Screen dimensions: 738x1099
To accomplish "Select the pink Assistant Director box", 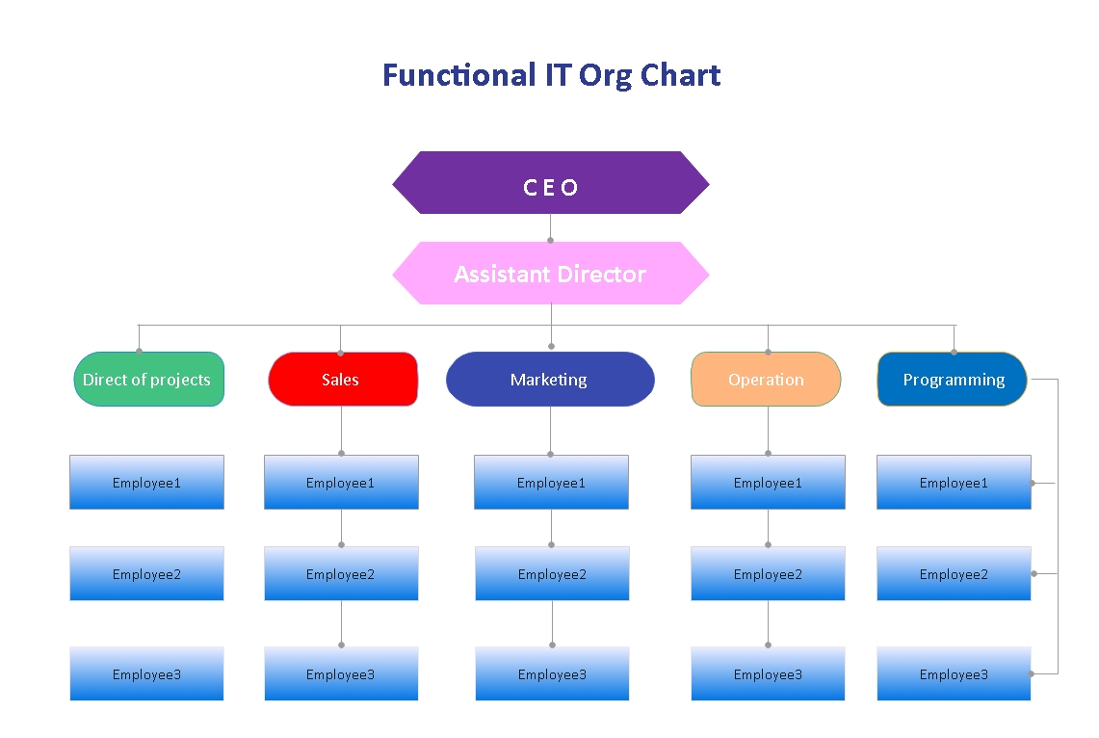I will [550, 274].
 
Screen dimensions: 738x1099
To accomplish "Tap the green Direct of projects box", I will [148, 380].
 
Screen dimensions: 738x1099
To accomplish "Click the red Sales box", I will [342, 380].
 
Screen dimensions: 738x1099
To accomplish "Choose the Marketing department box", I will [550, 380].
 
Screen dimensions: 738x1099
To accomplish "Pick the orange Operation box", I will [766, 380].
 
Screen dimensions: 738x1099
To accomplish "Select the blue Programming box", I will [952, 380].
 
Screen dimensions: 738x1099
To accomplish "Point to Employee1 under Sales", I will [341, 483].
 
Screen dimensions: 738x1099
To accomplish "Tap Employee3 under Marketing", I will [552, 674].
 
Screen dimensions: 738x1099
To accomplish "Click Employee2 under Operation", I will [768, 574].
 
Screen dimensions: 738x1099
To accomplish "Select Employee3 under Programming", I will [954, 674].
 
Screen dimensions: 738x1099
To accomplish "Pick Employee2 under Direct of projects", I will [146, 574].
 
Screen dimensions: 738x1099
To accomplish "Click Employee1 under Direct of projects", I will [146, 483].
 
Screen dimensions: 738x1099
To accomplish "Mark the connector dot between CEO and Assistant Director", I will [551, 240].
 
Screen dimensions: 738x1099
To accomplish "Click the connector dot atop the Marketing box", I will [551, 346].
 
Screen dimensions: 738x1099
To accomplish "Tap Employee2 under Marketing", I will [552, 574].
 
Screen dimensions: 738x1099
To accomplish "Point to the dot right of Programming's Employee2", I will [1034, 574].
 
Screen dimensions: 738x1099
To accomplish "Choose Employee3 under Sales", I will [341, 674].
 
